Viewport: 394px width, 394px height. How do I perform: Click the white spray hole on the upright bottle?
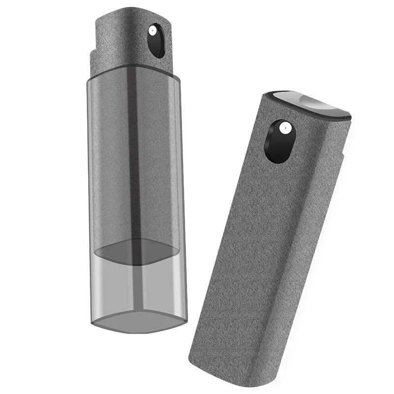(153, 32)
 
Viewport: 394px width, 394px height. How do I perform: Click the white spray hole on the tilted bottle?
(284, 129)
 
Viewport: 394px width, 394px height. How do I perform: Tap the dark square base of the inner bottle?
(136, 251)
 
